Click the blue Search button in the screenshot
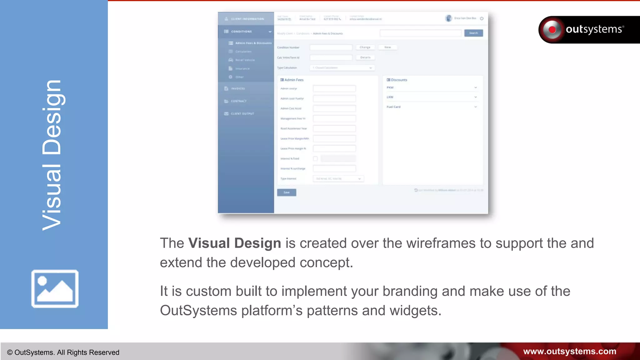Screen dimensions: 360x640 point(473,33)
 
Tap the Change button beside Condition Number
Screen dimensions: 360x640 point(365,47)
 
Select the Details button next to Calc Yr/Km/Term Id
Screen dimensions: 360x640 point(365,57)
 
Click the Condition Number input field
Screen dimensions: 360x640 point(331,47)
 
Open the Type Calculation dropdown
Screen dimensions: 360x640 point(342,68)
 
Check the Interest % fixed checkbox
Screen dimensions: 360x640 point(315,159)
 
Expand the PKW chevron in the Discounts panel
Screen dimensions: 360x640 point(476,87)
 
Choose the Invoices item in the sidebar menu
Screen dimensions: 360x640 point(238,89)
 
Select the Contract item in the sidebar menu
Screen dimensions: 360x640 point(238,101)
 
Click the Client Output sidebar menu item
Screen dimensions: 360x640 point(242,114)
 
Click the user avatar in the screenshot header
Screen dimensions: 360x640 point(448,18)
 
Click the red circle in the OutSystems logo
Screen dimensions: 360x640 point(552,30)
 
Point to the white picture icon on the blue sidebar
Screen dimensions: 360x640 point(55,288)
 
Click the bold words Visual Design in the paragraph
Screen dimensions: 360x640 point(234,243)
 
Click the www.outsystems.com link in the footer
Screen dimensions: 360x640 point(569,351)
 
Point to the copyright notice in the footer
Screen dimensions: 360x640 point(63,352)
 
